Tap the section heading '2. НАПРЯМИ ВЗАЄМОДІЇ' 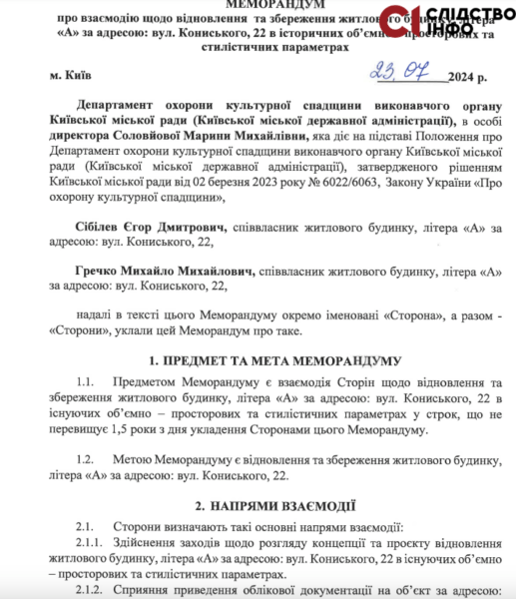[x=272, y=506]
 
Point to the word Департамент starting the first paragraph [x=123, y=105]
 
